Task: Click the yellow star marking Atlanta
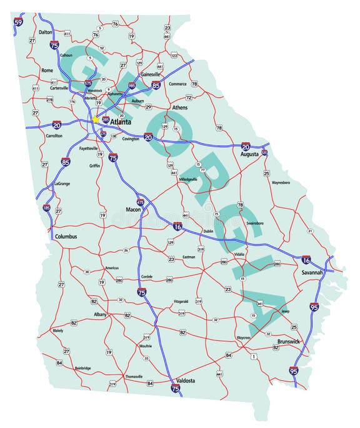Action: (x=96, y=119)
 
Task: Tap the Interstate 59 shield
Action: (x=19, y=23)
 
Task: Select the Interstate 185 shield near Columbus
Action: (x=47, y=207)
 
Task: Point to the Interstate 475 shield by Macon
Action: (x=140, y=202)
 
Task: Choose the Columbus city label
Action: (x=66, y=237)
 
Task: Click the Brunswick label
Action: (x=289, y=342)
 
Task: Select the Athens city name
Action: (x=180, y=108)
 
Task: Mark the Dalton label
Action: (x=45, y=31)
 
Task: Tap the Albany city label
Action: (x=100, y=314)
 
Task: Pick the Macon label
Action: (x=133, y=209)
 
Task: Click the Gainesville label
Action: (x=151, y=74)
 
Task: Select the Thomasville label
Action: (x=134, y=376)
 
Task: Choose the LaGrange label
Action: (x=62, y=184)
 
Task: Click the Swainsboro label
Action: (x=255, y=222)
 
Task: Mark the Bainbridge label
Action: (x=83, y=368)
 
